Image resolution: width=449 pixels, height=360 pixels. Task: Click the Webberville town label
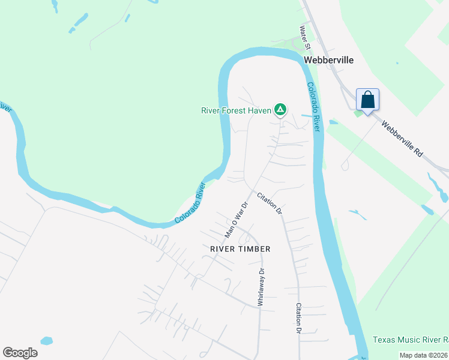[328, 60]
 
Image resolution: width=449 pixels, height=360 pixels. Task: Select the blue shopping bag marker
[367, 100]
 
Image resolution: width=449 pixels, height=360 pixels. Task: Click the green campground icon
[280, 109]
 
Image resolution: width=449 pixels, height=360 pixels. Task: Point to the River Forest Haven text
[236, 110]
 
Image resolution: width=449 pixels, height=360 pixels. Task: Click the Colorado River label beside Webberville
[315, 107]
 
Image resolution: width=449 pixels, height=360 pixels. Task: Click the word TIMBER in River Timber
[254, 248]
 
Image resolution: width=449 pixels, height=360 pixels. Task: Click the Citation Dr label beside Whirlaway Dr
[298, 318]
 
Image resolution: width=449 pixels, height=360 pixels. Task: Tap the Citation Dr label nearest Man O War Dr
[270, 203]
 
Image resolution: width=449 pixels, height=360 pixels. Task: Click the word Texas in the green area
[384, 340]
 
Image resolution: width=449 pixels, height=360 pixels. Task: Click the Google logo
[20, 352]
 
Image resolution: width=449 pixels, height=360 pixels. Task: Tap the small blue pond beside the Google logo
[47, 340]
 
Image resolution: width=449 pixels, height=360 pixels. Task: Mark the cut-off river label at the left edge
[5, 108]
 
